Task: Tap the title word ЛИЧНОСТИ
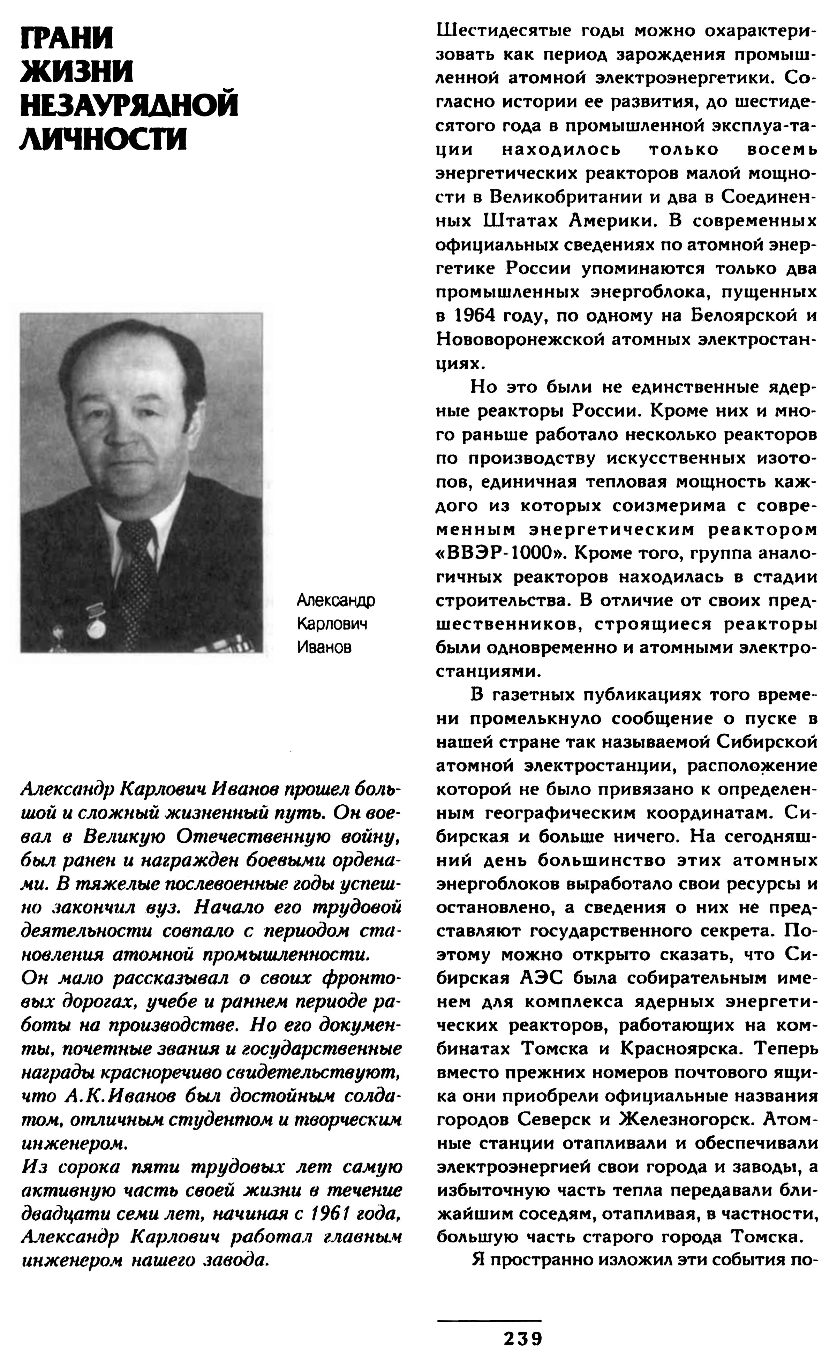pyautogui.click(x=104, y=138)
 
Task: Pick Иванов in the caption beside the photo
pyautogui.click(x=324, y=647)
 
